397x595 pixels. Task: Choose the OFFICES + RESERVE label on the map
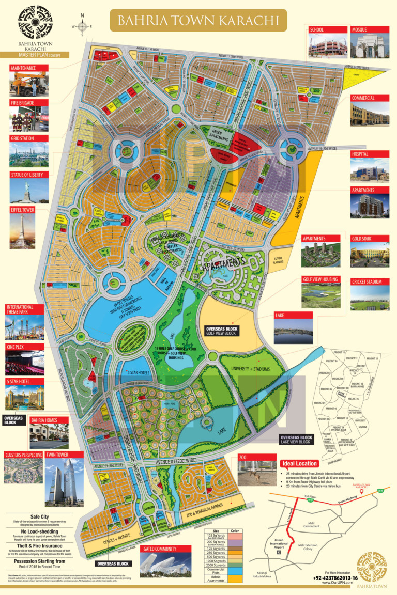pyautogui.click(x=116, y=529)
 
